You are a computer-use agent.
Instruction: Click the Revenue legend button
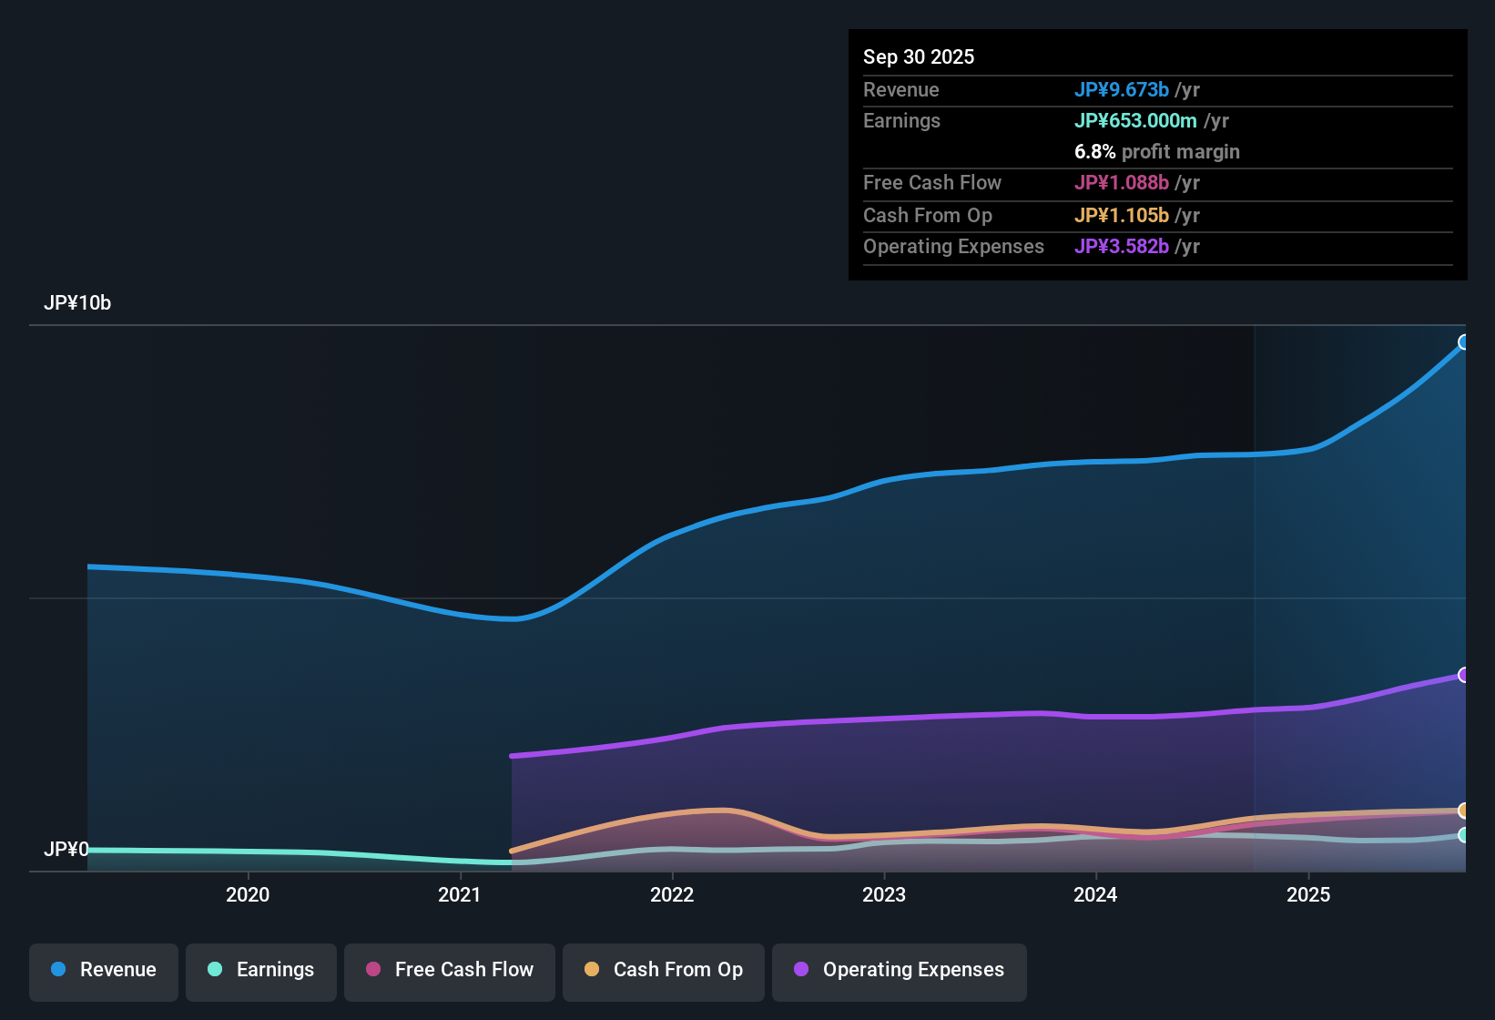tap(104, 970)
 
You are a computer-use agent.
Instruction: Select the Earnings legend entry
tap(261, 970)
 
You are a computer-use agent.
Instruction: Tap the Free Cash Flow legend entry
tap(450, 970)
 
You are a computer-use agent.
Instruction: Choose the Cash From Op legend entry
tap(664, 970)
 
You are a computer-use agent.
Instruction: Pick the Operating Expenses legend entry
tap(900, 970)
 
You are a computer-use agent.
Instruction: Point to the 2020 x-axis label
tap(248, 895)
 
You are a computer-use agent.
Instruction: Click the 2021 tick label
tap(460, 895)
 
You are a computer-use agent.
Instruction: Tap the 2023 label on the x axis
tap(884, 895)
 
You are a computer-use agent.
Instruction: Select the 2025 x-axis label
tap(1308, 895)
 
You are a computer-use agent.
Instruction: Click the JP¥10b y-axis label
tap(77, 303)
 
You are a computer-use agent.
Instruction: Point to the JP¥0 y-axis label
tap(66, 850)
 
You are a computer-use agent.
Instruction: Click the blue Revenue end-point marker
tap(1464, 342)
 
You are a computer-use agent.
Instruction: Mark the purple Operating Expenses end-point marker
tap(1464, 675)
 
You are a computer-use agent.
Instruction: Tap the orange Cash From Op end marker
tap(1464, 811)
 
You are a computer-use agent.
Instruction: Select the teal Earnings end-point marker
tap(1464, 835)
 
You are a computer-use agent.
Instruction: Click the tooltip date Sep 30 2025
tap(919, 57)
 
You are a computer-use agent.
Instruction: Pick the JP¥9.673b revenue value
tap(1122, 90)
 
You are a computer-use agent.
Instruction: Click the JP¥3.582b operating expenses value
tap(1122, 247)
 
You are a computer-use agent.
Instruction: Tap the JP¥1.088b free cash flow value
tap(1122, 183)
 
